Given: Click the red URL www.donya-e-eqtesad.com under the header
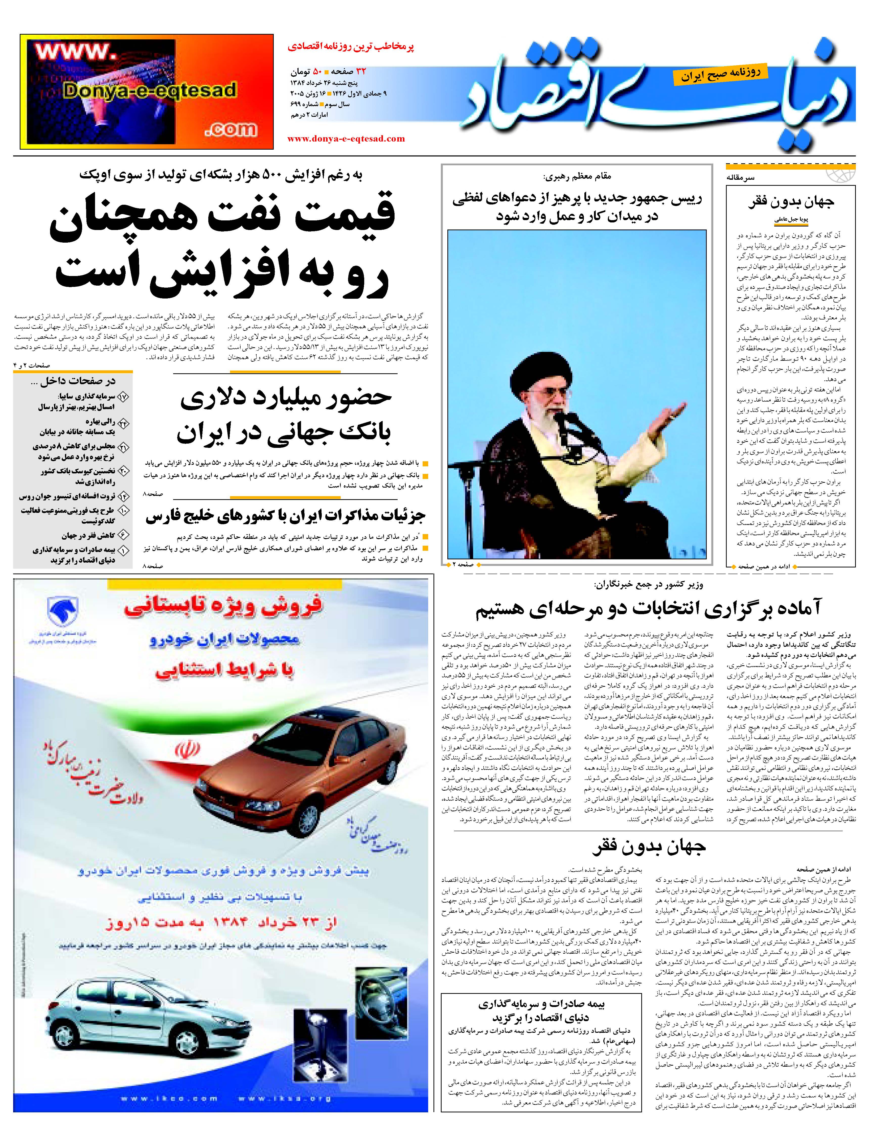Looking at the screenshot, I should tap(346, 139).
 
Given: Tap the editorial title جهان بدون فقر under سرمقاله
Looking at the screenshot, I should tap(791, 202).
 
